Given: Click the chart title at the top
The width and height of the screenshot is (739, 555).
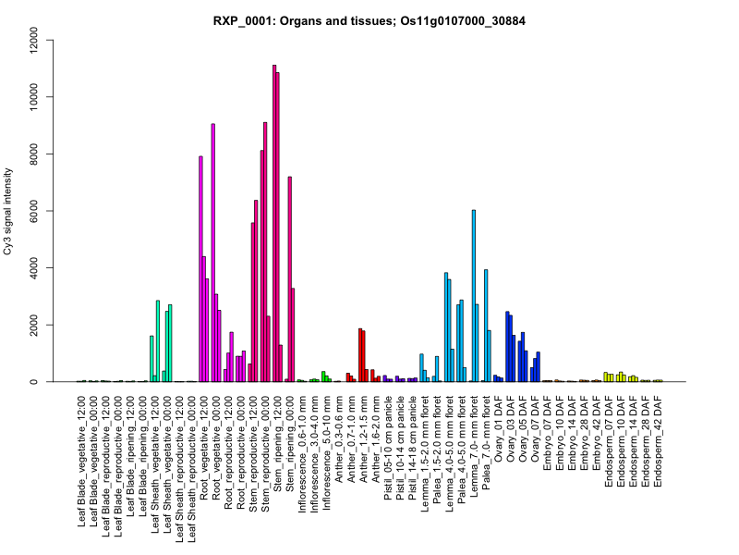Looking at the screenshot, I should (369, 20).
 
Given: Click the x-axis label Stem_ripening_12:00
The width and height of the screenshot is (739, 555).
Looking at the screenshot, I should (278, 448).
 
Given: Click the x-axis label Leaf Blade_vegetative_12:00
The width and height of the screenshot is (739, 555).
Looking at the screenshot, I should (83, 462).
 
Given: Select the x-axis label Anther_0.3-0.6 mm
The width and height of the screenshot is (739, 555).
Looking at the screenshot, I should (339, 440).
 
